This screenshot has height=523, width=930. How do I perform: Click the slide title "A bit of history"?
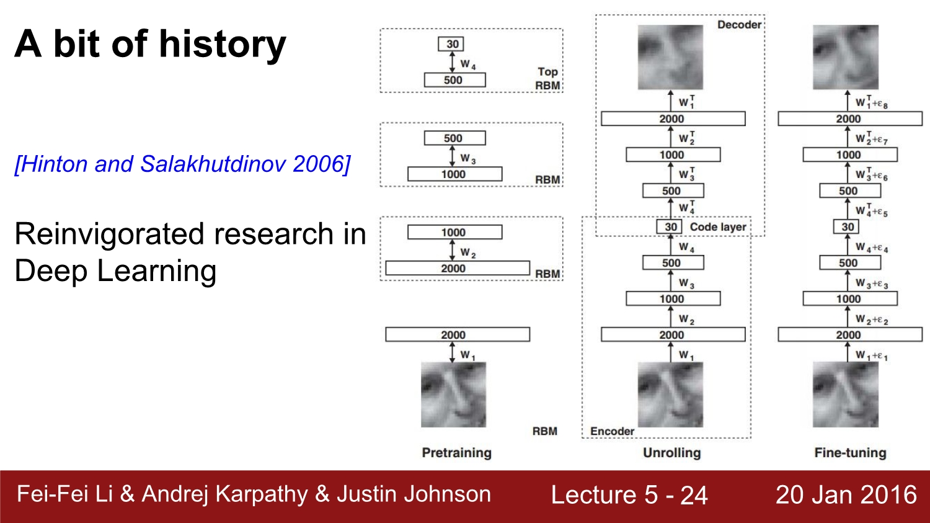(x=150, y=44)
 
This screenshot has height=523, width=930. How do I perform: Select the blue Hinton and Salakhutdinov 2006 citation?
(x=182, y=164)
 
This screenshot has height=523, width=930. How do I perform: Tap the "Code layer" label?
(x=717, y=227)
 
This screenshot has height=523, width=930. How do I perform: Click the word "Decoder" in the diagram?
(x=739, y=25)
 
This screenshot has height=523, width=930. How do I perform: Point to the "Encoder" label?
(x=612, y=431)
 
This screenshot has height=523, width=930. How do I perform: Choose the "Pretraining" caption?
(x=456, y=453)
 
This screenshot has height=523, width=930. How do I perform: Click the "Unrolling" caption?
(x=671, y=453)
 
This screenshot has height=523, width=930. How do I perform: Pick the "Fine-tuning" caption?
(x=850, y=453)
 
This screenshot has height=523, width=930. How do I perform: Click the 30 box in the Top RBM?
(x=453, y=44)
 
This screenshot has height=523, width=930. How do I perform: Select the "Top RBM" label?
(x=548, y=79)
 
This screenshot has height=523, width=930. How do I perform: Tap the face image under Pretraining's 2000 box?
(x=453, y=395)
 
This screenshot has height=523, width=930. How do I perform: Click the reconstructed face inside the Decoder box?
(x=670, y=57)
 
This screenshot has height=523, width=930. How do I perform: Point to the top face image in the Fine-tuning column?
(x=846, y=57)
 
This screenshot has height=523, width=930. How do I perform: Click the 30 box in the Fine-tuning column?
(x=848, y=227)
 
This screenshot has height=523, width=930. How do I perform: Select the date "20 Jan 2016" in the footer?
(x=846, y=494)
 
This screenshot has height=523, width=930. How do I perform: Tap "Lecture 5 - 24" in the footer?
(x=629, y=495)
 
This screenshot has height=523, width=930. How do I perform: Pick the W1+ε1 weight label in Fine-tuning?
(x=872, y=356)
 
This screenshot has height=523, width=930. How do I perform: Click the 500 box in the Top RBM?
(x=454, y=80)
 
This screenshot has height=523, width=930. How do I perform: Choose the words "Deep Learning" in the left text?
(x=115, y=271)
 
